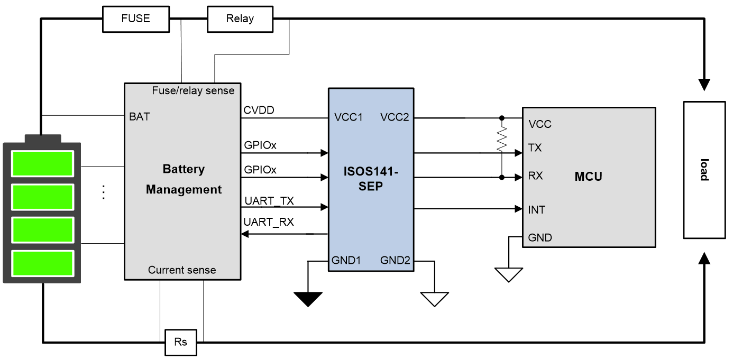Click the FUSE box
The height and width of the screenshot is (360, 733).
(135, 19)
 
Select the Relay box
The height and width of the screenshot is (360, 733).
(240, 19)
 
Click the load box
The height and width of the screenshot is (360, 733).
(704, 169)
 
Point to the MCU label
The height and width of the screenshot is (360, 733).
(588, 177)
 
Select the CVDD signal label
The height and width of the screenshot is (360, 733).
(259, 110)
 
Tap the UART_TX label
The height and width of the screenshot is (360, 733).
(269, 201)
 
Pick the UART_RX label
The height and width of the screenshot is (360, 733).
(269, 222)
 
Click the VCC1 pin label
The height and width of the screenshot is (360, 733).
(347, 117)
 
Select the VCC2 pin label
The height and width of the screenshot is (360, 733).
(395, 117)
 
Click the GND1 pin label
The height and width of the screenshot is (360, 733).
(346, 260)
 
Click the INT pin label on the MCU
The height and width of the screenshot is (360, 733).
(536, 210)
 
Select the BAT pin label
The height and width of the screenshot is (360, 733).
(139, 117)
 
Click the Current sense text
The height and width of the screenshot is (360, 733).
(182, 270)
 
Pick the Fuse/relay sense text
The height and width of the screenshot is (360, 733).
(193, 90)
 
